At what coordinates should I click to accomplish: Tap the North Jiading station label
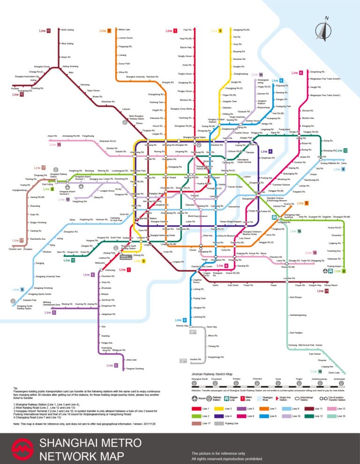(67, 30)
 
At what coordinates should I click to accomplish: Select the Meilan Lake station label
(124, 29)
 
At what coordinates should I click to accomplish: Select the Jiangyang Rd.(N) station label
(241, 30)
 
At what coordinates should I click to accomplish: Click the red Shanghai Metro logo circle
(23, 449)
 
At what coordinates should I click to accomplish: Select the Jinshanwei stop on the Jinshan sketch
(338, 379)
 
